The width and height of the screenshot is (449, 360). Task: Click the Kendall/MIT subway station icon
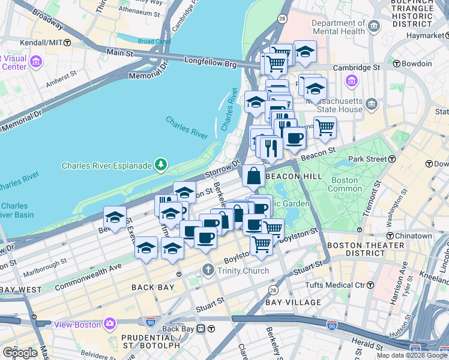(67, 43)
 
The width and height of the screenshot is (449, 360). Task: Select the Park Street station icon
(392, 159)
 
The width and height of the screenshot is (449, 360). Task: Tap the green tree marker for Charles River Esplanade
(160, 164)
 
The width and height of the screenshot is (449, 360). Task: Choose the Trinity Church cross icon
(208, 271)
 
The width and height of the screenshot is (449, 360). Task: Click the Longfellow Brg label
(210, 61)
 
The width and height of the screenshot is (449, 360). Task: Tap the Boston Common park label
(345, 184)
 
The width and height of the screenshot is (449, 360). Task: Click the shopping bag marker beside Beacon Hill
(253, 175)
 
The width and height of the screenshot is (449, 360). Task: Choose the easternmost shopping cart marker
(325, 127)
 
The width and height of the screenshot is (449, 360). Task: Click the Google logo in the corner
(20, 352)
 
